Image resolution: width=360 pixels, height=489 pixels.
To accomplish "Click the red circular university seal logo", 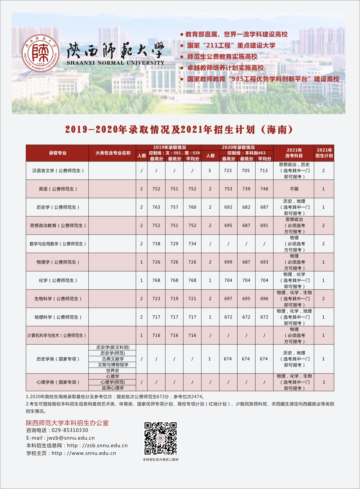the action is click(41, 53).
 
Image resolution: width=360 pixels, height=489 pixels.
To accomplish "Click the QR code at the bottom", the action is click(160, 438).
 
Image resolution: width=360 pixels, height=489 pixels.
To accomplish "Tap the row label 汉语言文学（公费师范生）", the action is click(57, 171).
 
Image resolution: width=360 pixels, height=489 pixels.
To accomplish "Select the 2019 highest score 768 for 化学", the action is click(156, 281).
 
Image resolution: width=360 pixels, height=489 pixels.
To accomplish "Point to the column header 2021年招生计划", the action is click(324, 153).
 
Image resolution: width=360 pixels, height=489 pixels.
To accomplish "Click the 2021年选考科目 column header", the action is click(294, 153).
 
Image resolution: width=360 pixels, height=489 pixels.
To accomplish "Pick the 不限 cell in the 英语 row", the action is click(294, 189).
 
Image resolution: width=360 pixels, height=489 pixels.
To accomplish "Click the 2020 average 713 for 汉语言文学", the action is click(264, 171).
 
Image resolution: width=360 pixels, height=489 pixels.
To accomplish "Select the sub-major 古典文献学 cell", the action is click(113, 359).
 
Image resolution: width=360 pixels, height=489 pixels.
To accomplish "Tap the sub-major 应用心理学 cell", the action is click(113, 388).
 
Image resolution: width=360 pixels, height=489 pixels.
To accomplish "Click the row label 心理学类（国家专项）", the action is click(57, 382).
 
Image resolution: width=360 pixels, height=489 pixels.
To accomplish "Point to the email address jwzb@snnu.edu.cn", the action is click(71, 438).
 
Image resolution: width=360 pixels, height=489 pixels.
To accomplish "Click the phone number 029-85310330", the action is click(70, 430).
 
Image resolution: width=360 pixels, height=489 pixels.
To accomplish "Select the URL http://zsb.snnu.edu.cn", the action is click(97, 446).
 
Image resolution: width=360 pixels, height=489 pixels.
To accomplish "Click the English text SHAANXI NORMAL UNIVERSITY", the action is click(115, 63).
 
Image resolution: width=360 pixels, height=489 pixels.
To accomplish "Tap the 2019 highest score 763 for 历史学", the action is click(156, 207).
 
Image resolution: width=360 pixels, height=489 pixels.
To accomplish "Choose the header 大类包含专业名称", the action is click(113, 153).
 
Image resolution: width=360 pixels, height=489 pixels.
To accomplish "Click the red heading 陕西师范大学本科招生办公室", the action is click(67, 423).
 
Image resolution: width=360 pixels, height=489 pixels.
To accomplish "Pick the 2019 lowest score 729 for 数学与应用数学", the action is click(174, 244).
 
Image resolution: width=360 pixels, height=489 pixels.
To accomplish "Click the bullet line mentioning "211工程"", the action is click(231, 45).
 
